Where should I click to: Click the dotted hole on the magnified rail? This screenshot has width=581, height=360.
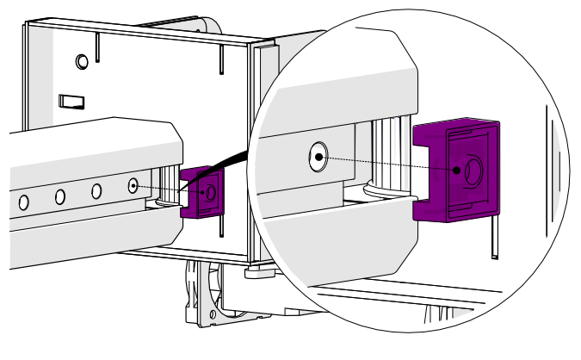[x=318, y=157]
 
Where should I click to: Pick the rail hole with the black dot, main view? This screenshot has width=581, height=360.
[x=133, y=185]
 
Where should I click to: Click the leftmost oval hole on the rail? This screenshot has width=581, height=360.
[x=24, y=202]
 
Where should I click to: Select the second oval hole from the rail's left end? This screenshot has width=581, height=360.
[x=60, y=196]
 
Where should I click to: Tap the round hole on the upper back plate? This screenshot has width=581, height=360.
[x=82, y=61]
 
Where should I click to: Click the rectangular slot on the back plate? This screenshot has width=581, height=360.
[x=70, y=101]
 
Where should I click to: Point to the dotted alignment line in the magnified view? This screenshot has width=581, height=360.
[x=387, y=164]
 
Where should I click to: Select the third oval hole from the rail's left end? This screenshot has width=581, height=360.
[x=97, y=190]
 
